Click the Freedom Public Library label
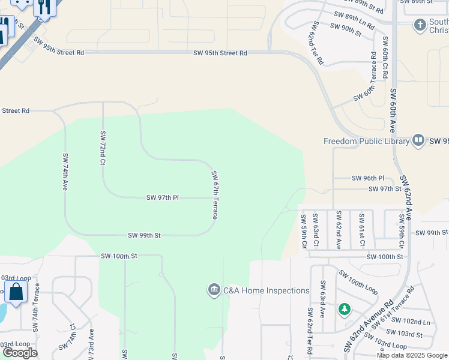click(366, 142)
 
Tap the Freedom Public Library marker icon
click(419, 141)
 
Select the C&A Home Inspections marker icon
click(214, 291)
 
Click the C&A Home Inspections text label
click(266, 291)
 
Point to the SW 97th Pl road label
click(163, 197)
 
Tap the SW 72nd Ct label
click(103, 148)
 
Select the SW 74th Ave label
click(65, 172)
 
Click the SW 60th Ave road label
click(393, 111)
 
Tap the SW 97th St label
click(385, 188)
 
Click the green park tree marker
click(345, 309)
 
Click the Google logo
click(20, 353)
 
